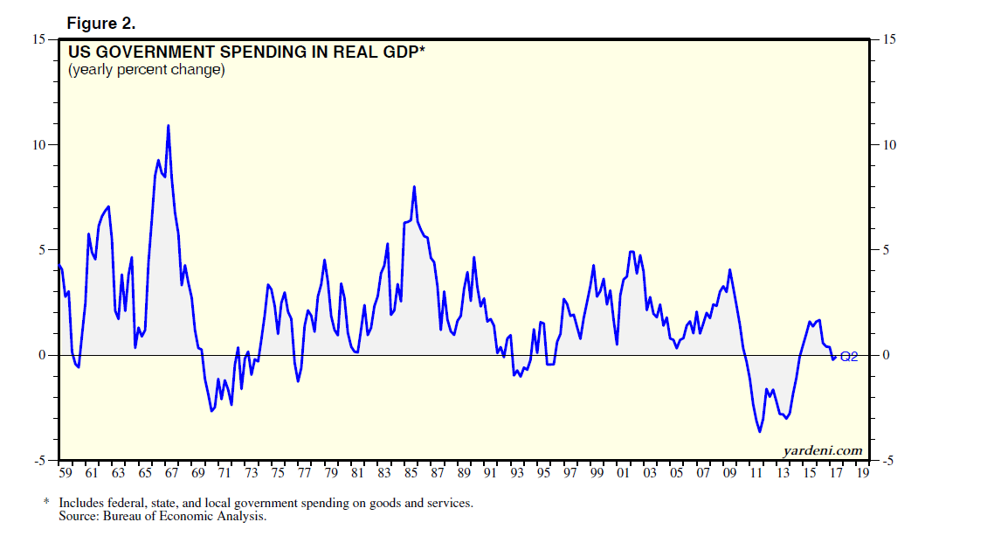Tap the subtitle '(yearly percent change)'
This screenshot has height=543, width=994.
[147, 69]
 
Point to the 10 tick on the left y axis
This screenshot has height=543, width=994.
[40, 145]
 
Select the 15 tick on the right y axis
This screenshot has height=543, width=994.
[888, 39]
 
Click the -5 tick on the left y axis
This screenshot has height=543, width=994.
[40, 461]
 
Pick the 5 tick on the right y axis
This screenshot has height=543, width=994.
[886, 250]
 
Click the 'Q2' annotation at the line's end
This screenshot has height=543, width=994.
[849, 356]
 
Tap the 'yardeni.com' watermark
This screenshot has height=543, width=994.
[822, 450]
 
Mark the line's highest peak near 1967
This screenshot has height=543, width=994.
[168, 126]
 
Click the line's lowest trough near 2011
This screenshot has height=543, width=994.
[759, 431]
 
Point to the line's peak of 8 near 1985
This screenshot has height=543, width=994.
[414, 186]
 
